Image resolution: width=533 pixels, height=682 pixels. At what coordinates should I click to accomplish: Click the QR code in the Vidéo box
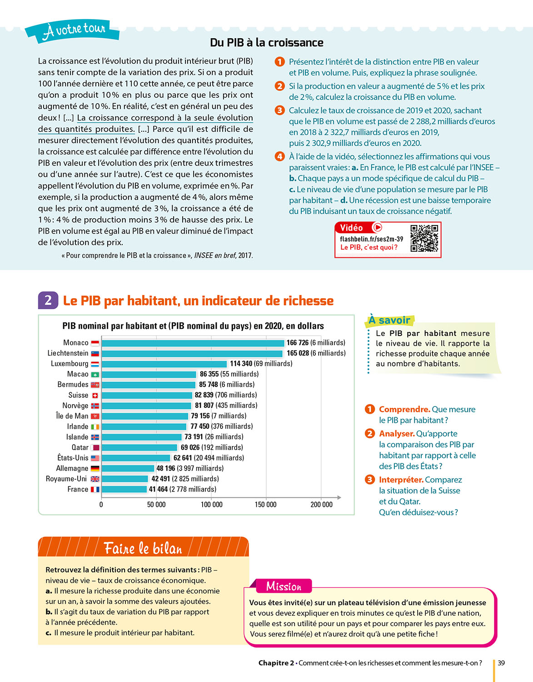(424, 238)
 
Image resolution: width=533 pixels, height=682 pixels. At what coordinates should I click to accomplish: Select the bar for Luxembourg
(164, 364)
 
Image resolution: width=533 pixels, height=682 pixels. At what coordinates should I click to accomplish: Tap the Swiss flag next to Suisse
(95, 395)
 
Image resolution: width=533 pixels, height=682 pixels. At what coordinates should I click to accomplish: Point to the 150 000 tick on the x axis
(265, 504)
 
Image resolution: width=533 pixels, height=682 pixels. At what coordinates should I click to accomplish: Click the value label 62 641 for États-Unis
(183, 458)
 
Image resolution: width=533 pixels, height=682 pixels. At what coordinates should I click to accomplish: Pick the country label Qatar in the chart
(80, 447)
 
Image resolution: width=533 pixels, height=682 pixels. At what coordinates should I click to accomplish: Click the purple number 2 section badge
(48, 300)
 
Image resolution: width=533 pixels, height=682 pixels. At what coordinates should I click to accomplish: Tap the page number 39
(501, 663)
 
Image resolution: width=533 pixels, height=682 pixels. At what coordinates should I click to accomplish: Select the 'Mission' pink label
(284, 586)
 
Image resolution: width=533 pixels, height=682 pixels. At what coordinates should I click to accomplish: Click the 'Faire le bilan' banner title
(143, 548)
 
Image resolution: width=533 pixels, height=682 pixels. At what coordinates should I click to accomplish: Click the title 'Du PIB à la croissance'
(267, 43)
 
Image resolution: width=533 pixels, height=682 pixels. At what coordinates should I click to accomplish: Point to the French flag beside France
(95, 489)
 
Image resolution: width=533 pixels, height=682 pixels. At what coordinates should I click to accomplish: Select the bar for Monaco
(193, 343)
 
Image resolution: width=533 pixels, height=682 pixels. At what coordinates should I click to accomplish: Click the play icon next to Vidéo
(377, 227)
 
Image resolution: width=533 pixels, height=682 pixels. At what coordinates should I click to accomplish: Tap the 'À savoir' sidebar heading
(389, 320)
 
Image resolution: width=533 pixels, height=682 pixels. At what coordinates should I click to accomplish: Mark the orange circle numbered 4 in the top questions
(280, 156)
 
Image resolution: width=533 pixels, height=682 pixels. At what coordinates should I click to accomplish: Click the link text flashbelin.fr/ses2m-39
(371, 239)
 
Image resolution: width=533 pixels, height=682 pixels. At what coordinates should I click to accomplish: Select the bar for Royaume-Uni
(125, 479)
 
